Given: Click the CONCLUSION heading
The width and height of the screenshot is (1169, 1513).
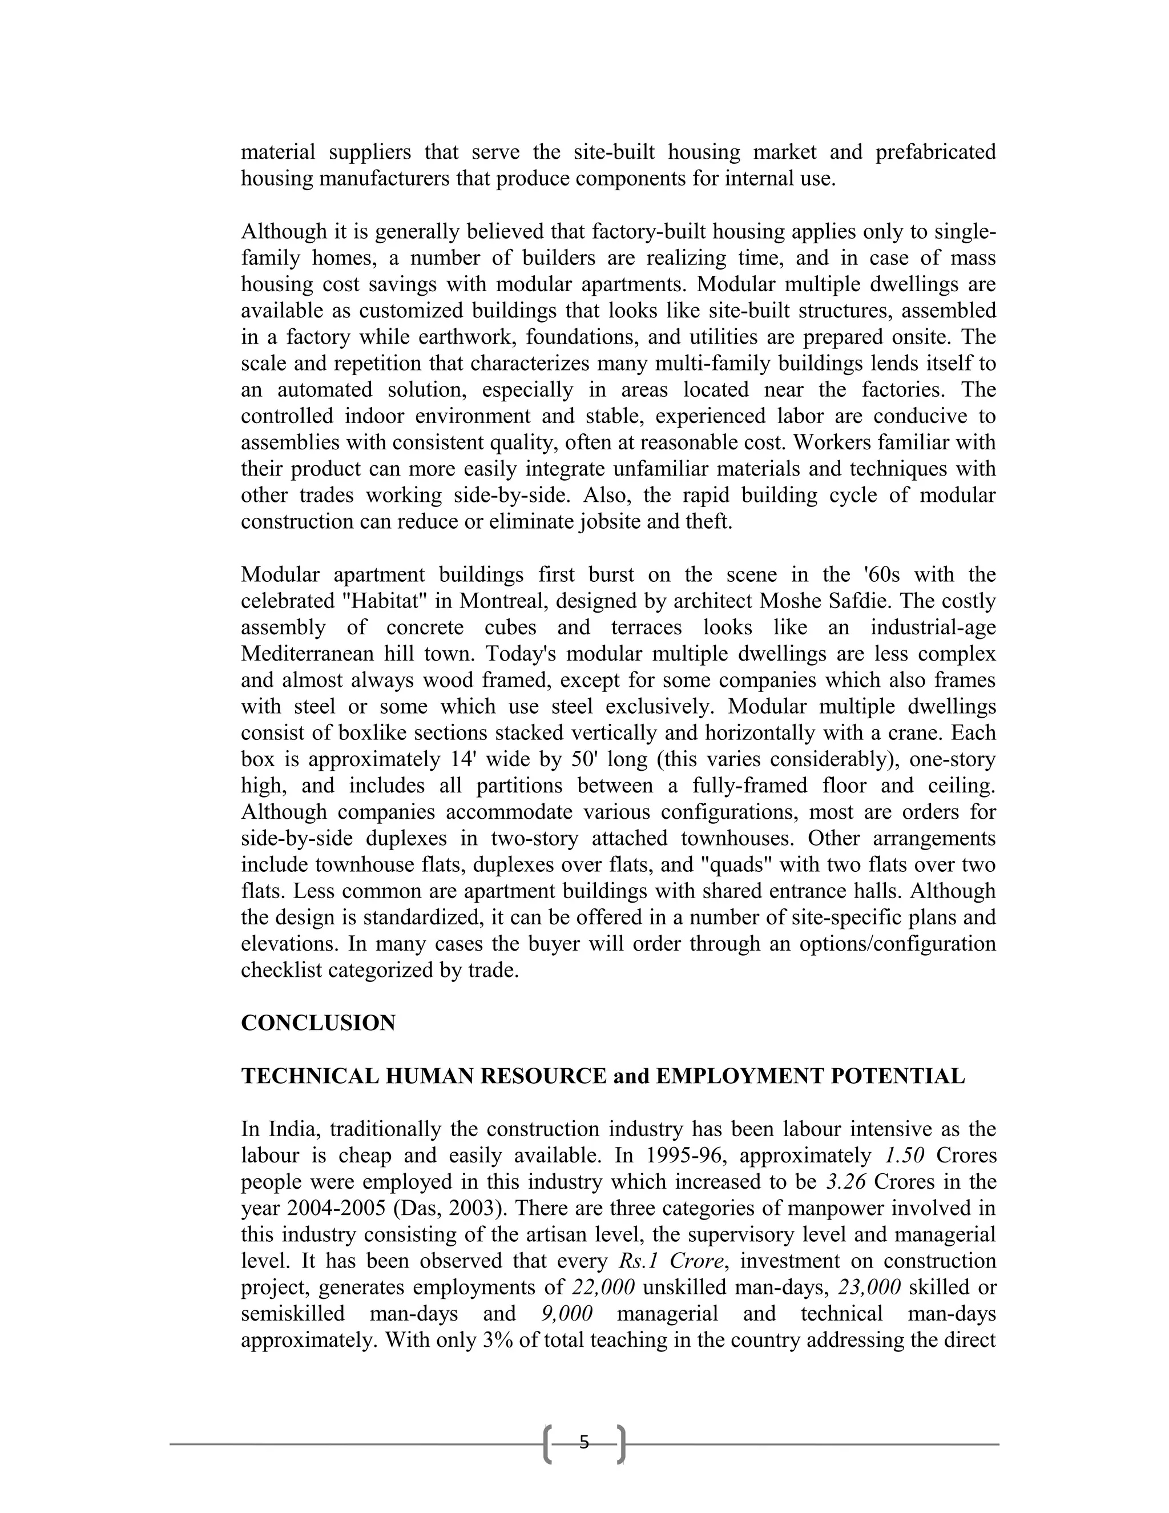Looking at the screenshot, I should (318, 1023).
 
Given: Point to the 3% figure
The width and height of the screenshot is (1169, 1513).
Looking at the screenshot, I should (500, 1341).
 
